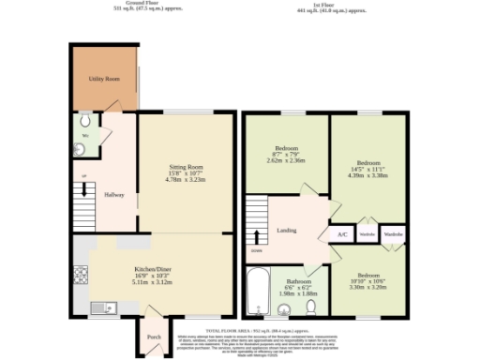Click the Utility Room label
(104, 81)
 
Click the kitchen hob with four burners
(81, 275)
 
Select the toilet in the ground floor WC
(85, 122)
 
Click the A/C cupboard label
(342, 233)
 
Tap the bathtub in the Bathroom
(257, 292)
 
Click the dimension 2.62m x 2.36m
(286, 159)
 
